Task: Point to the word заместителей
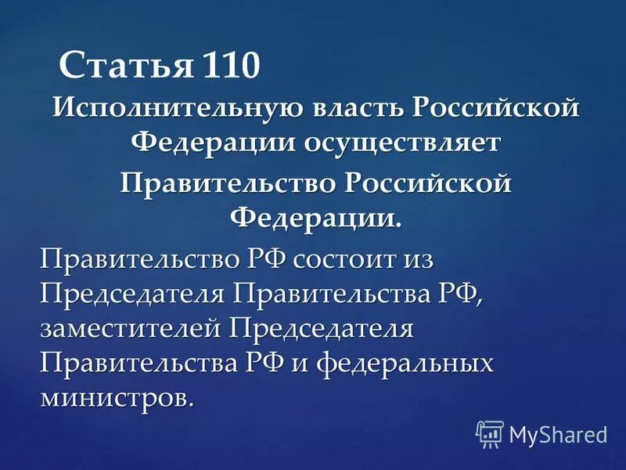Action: coord(130,328)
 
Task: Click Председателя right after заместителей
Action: coord(321,328)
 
